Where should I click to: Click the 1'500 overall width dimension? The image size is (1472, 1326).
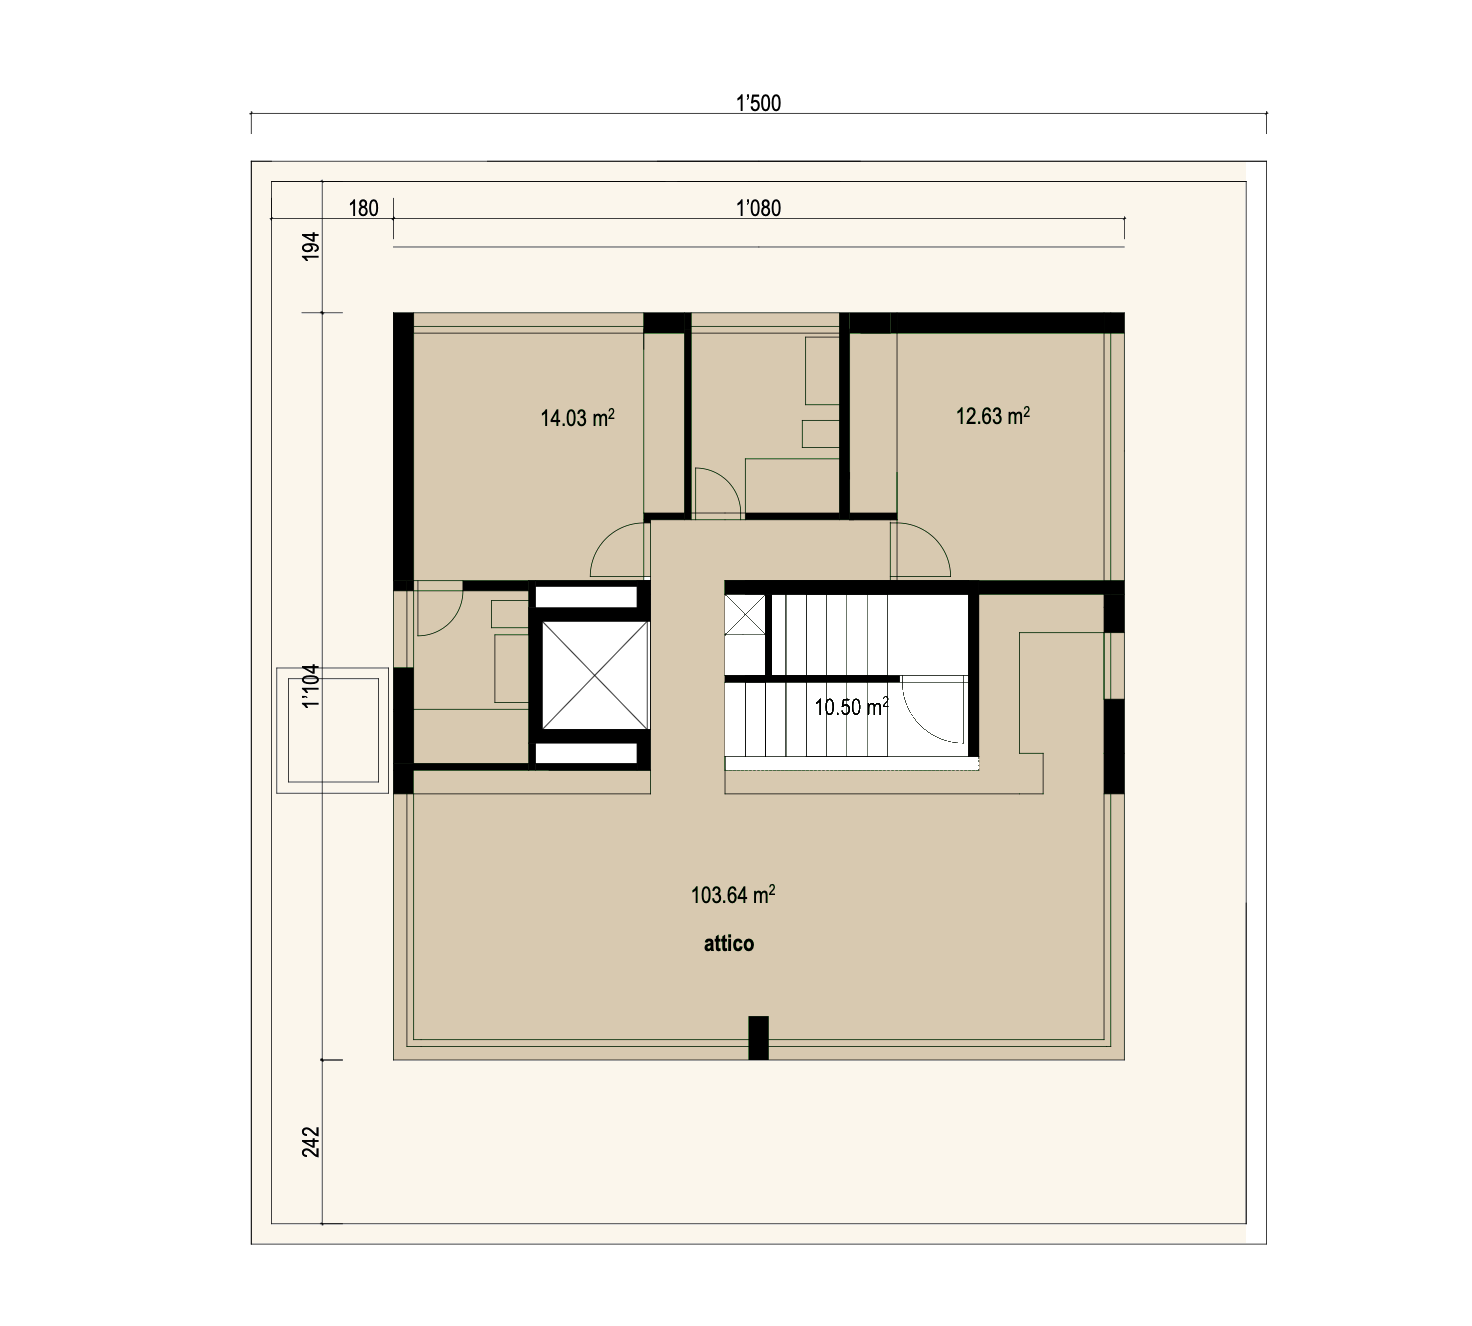[758, 103]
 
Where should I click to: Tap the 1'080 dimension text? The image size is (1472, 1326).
[758, 208]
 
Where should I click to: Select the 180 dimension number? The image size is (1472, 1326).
[363, 208]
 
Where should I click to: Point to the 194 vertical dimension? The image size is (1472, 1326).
[311, 246]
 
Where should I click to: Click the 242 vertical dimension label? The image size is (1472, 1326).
[311, 1142]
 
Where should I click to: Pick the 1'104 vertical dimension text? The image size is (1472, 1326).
[311, 686]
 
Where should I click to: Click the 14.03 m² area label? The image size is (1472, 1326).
[577, 418]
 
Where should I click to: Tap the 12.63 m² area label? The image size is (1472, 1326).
[993, 415]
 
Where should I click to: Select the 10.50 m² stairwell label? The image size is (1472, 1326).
[851, 707]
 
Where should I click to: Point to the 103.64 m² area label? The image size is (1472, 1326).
[733, 895]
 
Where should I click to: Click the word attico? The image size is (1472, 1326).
[729, 944]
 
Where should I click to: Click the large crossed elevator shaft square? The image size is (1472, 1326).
[595, 675]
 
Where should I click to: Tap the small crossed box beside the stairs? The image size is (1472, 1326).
[745, 615]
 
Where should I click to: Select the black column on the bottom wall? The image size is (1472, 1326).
[759, 1038]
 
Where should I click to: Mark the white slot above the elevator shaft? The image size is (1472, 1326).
[586, 597]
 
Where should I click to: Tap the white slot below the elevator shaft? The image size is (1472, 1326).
[586, 754]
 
